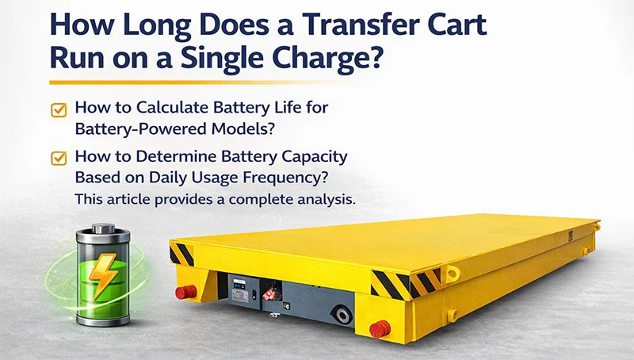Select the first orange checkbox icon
(59, 110)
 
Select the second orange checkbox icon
(59, 158)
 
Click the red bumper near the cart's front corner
(381, 327)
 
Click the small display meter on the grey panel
(237, 291)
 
